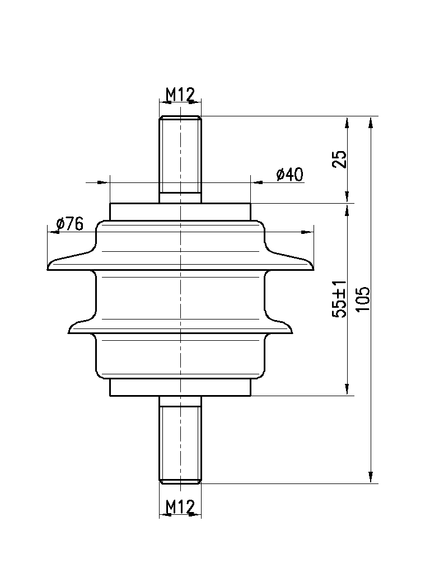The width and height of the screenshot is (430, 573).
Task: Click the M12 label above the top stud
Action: tap(180, 95)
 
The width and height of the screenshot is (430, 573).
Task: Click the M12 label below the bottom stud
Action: tap(180, 506)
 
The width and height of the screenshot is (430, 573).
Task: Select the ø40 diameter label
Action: tap(290, 175)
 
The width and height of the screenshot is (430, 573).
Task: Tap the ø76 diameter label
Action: tap(70, 224)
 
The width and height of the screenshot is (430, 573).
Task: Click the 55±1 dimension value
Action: tap(339, 299)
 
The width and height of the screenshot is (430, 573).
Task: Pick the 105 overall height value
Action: tap(363, 299)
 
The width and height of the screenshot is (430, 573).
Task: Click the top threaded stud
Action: tap(180, 159)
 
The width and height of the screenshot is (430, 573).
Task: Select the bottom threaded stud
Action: tap(180, 440)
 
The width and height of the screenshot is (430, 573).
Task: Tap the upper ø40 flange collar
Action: tap(180, 212)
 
